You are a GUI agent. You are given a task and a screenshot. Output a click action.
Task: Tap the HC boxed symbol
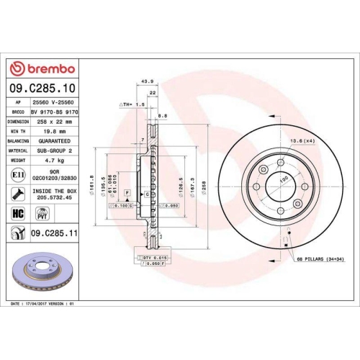click(x=17, y=214)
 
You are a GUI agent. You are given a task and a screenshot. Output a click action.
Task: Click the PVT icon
click(x=42, y=214)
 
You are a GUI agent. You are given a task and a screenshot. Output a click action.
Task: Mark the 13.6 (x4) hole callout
click(x=301, y=141)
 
